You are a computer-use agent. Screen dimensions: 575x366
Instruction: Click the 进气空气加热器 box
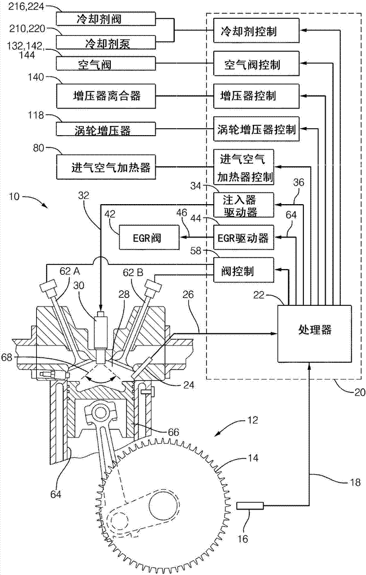pos(107,167)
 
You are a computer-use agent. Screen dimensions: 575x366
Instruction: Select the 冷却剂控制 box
pos(256,29)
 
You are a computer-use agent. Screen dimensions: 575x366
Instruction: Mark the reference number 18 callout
pos(344,482)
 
